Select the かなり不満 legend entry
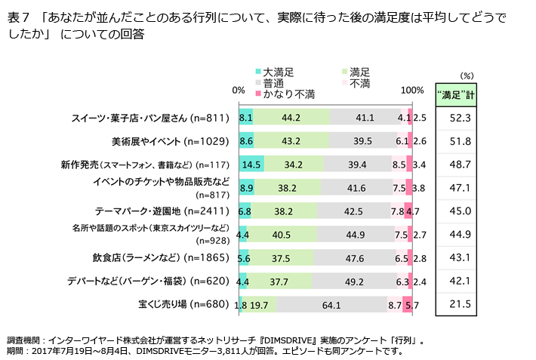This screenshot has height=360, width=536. point(290,94)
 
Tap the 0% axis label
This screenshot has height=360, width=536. point(239,90)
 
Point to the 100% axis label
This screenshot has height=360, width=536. point(412,90)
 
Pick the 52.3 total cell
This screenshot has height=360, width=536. point(460,118)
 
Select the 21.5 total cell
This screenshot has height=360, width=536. point(460,304)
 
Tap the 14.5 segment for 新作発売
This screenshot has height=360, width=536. point(251,165)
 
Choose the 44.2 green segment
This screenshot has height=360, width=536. point(291,118)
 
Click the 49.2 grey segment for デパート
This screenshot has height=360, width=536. point(354,282)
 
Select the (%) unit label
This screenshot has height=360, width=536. point(466,75)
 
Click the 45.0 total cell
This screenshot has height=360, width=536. point(460,211)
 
